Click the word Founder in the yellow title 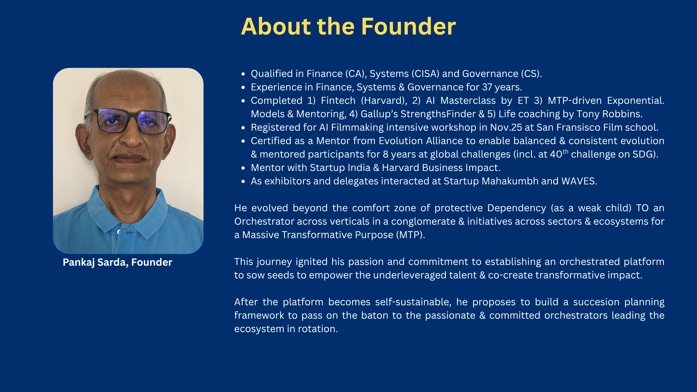coord(408,26)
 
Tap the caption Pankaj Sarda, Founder coord(117,262)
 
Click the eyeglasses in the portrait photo coord(128,121)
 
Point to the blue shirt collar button coord(119,232)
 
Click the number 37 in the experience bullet coord(488,87)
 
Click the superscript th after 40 coord(565,151)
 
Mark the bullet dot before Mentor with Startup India coord(243,168)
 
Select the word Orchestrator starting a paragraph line coord(264,221)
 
